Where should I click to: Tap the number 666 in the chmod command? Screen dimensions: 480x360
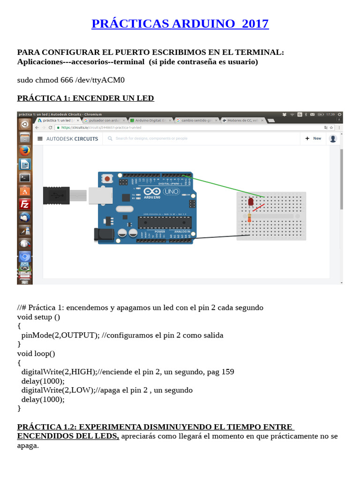click(x=67, y=80)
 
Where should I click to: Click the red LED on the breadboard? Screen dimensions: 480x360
click(x=250, y=202)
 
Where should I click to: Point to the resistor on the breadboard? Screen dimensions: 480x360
click(x=248, y=217)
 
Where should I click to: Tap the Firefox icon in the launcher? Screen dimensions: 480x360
click(x=25, y=150)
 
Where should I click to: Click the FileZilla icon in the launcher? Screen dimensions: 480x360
click(x=25, y=204)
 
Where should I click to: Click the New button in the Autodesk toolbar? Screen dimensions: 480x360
click(x=314, y=138)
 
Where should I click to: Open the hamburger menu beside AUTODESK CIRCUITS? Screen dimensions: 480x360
click(x=40, y=139)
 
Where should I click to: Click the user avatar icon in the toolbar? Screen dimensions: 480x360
click(x=333, y=138)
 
